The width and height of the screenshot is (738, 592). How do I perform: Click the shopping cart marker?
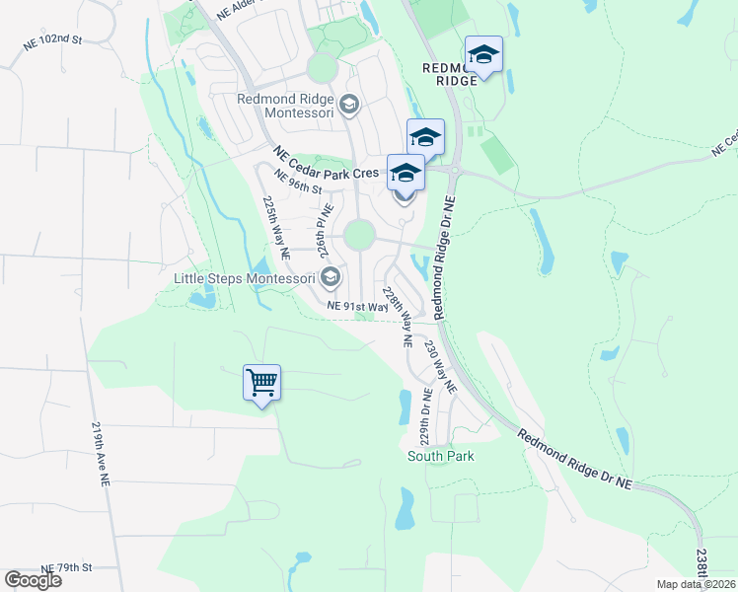click(x=261, y=381)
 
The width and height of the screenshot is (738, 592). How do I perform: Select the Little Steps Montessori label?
click(x=244, y=278)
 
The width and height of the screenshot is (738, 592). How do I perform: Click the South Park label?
click(x=441, y=456)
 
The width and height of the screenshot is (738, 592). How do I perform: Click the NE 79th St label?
click(x=66, y=567)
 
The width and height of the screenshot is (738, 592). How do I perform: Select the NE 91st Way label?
click(x=357, y=307)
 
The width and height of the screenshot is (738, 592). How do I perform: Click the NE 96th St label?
click(x=299, y=183)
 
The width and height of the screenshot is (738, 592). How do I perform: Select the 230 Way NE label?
click(x=441, y=368)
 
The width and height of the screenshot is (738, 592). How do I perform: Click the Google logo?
click(x=33, y=580)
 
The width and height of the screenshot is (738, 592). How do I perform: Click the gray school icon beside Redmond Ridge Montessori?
click(x=348, y=103)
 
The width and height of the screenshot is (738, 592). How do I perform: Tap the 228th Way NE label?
click(x=396, y=317)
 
